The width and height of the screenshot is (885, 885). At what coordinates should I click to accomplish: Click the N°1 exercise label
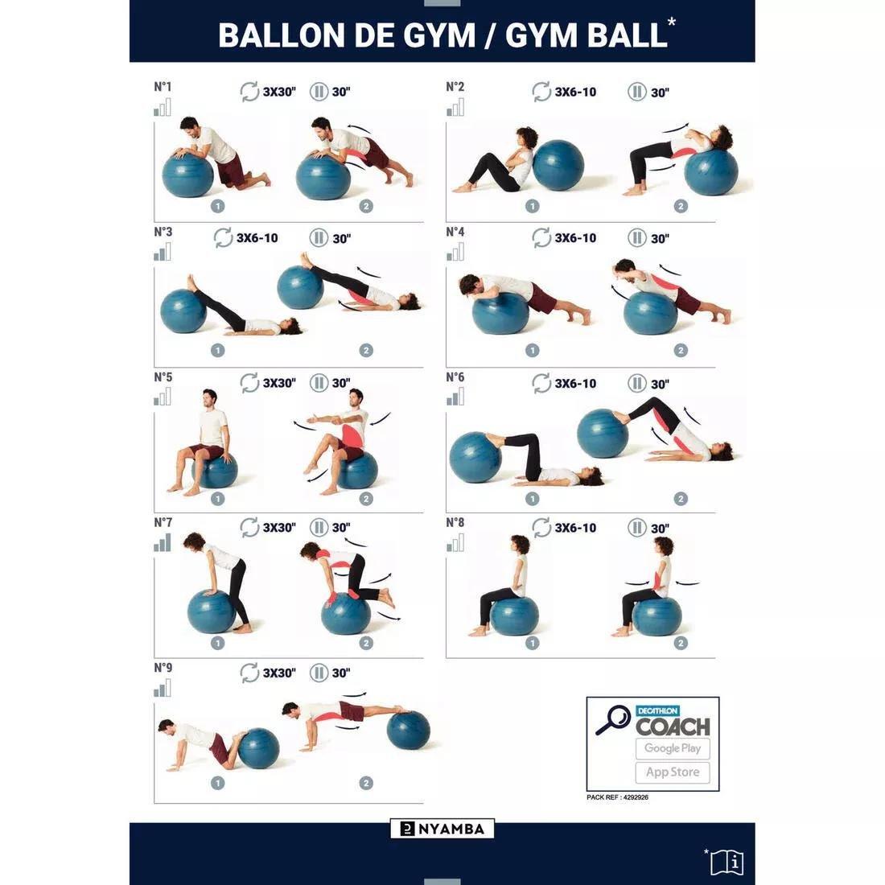click(x=163, y=86)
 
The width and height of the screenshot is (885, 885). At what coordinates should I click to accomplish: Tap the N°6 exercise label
click(x=455, y=377)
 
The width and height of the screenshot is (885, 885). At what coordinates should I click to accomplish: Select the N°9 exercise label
click(x=163, y=667)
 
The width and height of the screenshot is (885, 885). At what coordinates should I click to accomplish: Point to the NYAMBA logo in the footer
click(x=442, y=829)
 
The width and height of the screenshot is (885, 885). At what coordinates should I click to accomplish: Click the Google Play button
click(x=673, y=748)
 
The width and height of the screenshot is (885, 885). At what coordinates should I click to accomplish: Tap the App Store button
click(x=673, y=772)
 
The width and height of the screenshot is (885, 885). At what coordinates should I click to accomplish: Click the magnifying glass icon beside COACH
click(x=613, y=719)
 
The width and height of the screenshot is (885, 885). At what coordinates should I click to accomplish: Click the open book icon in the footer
click(x=727, y=862)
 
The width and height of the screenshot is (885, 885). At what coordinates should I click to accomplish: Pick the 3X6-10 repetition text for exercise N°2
click(x=575, y=92)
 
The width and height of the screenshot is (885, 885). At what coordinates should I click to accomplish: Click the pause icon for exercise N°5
click(x=319, y=383)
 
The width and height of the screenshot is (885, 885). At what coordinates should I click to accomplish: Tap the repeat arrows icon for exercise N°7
click(x=249, y=528)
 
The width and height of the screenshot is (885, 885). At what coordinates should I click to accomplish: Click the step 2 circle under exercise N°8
click(x=681, y=643)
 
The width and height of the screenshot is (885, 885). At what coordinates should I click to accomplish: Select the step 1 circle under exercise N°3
click(x=217, y=351)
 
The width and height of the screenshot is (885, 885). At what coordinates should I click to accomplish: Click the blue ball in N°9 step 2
click(x=408, y=731)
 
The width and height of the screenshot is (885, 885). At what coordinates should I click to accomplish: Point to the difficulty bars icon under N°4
click(x=455, y=253)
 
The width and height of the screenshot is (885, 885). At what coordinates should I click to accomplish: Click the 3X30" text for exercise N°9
click(x=279, y=673)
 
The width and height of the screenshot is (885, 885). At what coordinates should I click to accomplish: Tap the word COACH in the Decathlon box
click(x=673, y=727)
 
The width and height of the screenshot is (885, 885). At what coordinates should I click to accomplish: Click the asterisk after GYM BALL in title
click(x=672, y=23)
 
